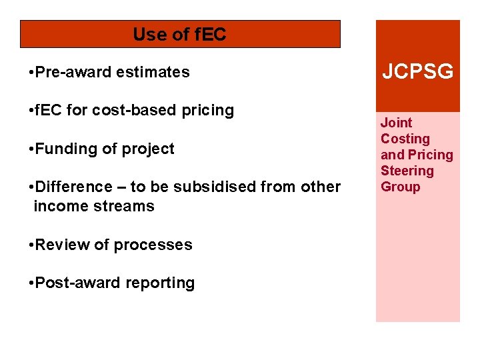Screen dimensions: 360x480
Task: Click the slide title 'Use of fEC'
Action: point(180,34)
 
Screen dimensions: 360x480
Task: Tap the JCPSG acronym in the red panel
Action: point(417,72)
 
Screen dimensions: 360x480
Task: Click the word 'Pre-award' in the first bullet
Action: point(73,72)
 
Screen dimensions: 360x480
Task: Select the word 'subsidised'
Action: point(215,187)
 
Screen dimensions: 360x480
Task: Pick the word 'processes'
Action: point(151,245)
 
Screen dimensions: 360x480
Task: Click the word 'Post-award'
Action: point(74,283)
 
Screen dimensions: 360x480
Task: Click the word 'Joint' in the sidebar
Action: point(396,123)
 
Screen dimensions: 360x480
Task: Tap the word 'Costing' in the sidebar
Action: point(405,139)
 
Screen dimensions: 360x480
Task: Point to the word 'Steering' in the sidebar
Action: point(407,171)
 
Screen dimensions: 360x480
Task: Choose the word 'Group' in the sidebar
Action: point(401,187)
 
